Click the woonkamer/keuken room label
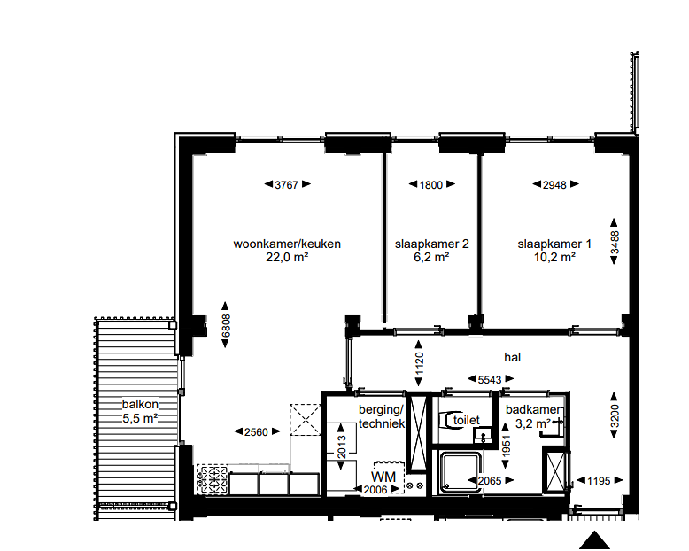tap(287, 244)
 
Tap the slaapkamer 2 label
tap(431, 244)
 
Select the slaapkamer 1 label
tap(554, 244)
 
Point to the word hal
tap(511, 358)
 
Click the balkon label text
tap(140, 405)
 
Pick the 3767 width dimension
tap(288, 185)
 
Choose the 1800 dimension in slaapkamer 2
tap(431, 185)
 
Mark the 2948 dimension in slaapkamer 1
tap(554, 185)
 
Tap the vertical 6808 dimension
tap(226, 322)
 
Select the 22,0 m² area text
tap(287, 258)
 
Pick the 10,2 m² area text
tap(554, 258)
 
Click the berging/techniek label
tap(381, 417)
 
